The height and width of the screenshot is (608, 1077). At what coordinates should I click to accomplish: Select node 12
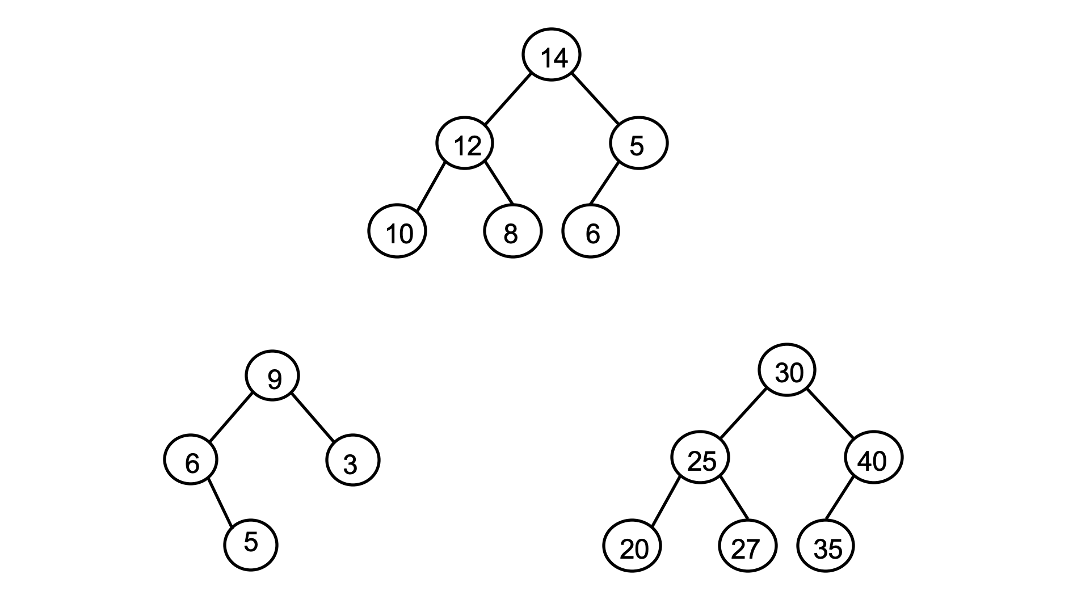(x=465, y=143)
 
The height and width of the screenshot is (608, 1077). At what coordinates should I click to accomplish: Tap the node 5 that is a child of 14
(x=639, y=143)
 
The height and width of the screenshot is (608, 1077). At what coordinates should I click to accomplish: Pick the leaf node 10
(x=397, y=231)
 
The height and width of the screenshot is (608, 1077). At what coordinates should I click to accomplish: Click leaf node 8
(x=513, y=231)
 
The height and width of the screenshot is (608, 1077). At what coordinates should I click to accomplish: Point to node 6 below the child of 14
(x=591, y=231)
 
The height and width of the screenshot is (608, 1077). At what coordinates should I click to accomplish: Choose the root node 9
(x=272, y=375)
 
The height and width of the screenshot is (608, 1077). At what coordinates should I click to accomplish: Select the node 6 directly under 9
(x=191, y=459)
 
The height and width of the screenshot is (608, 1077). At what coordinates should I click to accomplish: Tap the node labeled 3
(x=353, y=459)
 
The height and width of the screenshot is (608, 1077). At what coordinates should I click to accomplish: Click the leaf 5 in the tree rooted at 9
(x=251, y=544)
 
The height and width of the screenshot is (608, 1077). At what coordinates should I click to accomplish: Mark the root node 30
(x=787, y=370)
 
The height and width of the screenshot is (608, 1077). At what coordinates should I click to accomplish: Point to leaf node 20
(x=632, y=546)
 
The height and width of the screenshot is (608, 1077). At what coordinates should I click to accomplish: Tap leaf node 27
(x=748, y=546)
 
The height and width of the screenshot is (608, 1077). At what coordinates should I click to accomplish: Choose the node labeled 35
(x=826, y=546)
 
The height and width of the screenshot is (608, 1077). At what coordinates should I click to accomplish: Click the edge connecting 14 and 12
(x=508, y=98)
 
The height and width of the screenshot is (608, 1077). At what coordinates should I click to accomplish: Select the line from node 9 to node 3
(x=313, y=417)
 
